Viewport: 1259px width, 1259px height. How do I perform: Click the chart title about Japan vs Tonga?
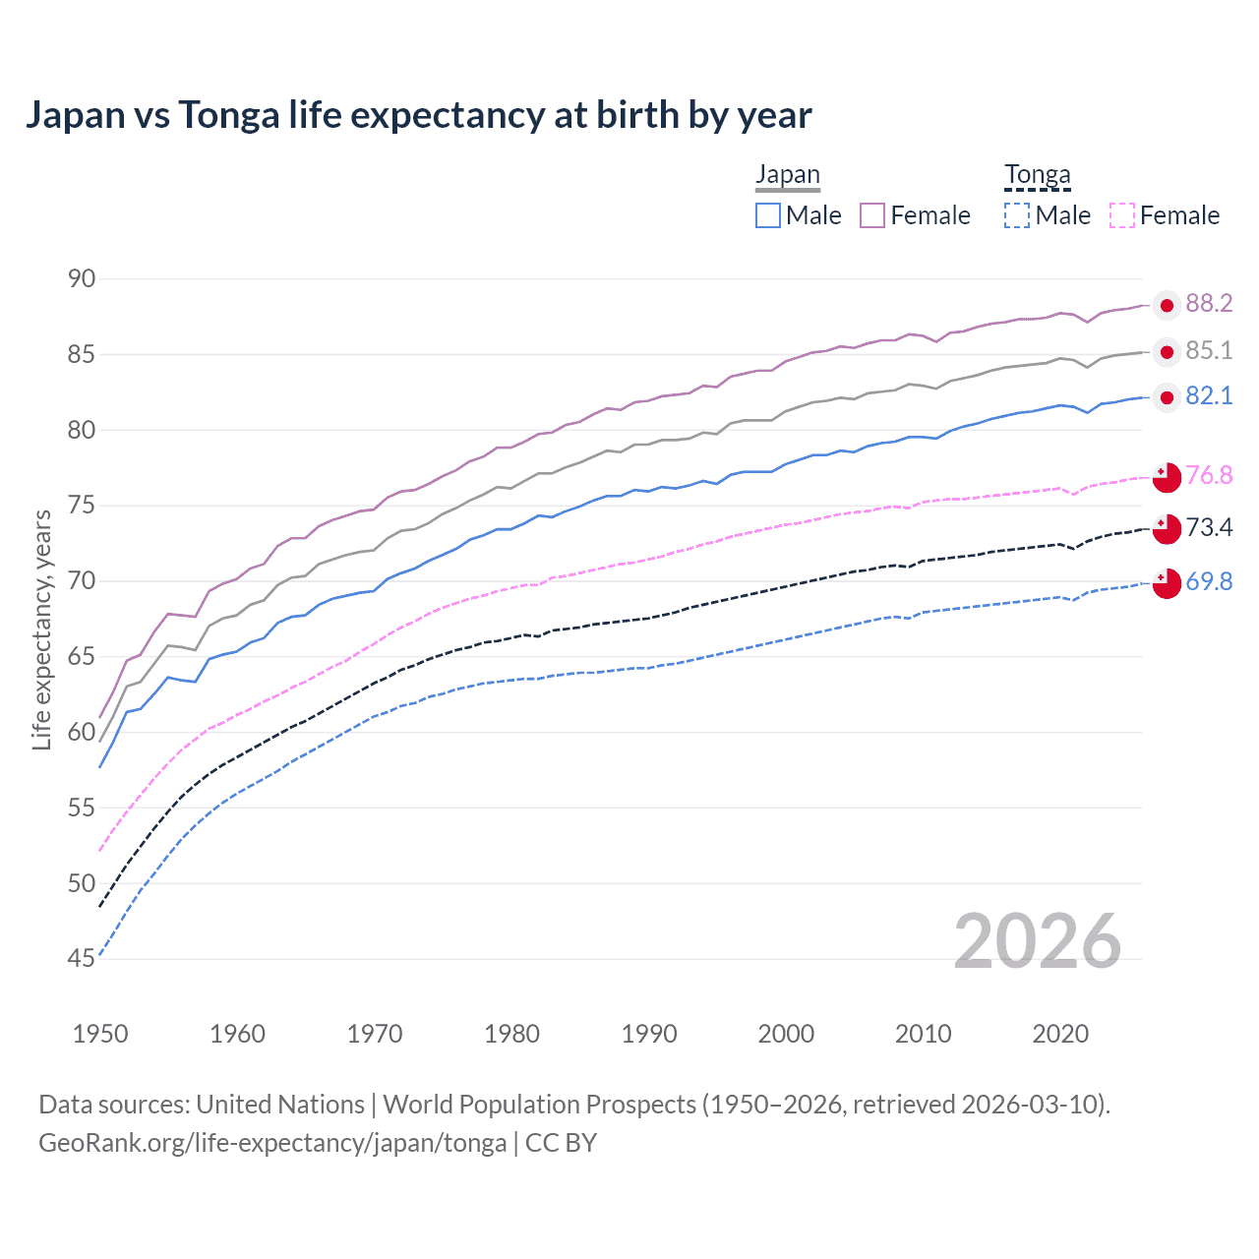pos(418,115)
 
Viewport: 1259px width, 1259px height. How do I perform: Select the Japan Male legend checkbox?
pos(768,215)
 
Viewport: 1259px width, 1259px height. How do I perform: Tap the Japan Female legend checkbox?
pos(872,215)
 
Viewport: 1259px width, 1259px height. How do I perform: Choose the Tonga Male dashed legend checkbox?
pos(1017,215)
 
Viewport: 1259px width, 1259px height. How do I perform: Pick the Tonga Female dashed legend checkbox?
pos(1122,215)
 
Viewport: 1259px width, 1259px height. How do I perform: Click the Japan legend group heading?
pos(787,175)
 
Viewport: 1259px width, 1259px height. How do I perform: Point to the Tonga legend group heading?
pos(1037,175)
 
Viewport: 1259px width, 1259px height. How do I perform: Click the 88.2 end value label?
pos(1209,304)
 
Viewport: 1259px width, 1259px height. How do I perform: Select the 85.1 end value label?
pos(1209,351)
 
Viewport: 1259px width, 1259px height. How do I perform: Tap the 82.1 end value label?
pos(1209,396)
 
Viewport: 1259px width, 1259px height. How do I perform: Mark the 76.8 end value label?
pos(1209,476)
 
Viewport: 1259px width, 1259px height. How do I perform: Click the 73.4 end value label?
pos(1209,528)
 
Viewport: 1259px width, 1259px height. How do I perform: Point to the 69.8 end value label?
pos(1209,582)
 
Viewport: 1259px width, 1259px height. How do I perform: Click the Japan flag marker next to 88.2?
pos(1167,306)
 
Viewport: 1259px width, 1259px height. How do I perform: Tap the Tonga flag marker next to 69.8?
pos(1167,583)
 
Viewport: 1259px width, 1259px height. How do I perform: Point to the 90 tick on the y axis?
pos(82,279)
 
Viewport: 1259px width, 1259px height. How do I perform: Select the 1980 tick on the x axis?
pos(512,1034)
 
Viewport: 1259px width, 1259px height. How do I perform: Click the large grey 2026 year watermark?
pos(1037,941)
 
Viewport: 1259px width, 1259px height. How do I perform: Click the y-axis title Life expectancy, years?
pos(41,629)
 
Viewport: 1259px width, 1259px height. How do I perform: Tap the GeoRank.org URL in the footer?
pos(272,1143)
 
